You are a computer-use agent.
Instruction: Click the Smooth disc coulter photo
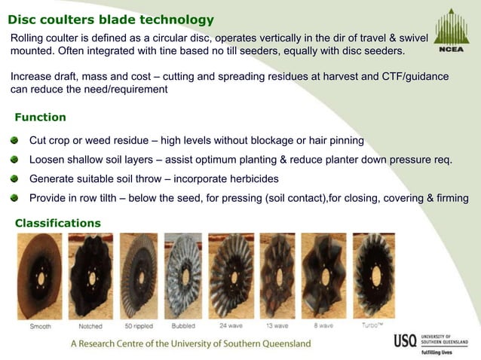tap(40, 275)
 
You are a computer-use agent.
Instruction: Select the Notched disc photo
tap(90, 275)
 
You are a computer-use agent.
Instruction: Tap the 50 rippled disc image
tap(139, 275)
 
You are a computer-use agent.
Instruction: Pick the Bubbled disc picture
tap(183, 275)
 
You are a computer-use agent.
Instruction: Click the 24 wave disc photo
tap(231, 275)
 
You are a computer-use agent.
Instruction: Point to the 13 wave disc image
tap(277, 275)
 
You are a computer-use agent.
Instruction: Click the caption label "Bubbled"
tap(183, 326)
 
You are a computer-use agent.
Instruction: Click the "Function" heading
tap(41, 117)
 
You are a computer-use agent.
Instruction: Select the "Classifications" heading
tap(58, 223)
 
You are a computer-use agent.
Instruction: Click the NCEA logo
tap(450, 34)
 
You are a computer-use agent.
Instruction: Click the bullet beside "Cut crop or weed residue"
tap(15, 141)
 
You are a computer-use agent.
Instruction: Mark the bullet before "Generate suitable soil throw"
tap(15, 179)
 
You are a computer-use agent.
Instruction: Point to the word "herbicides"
tap(250, 179)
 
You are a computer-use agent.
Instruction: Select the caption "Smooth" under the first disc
tap(41, 326)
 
